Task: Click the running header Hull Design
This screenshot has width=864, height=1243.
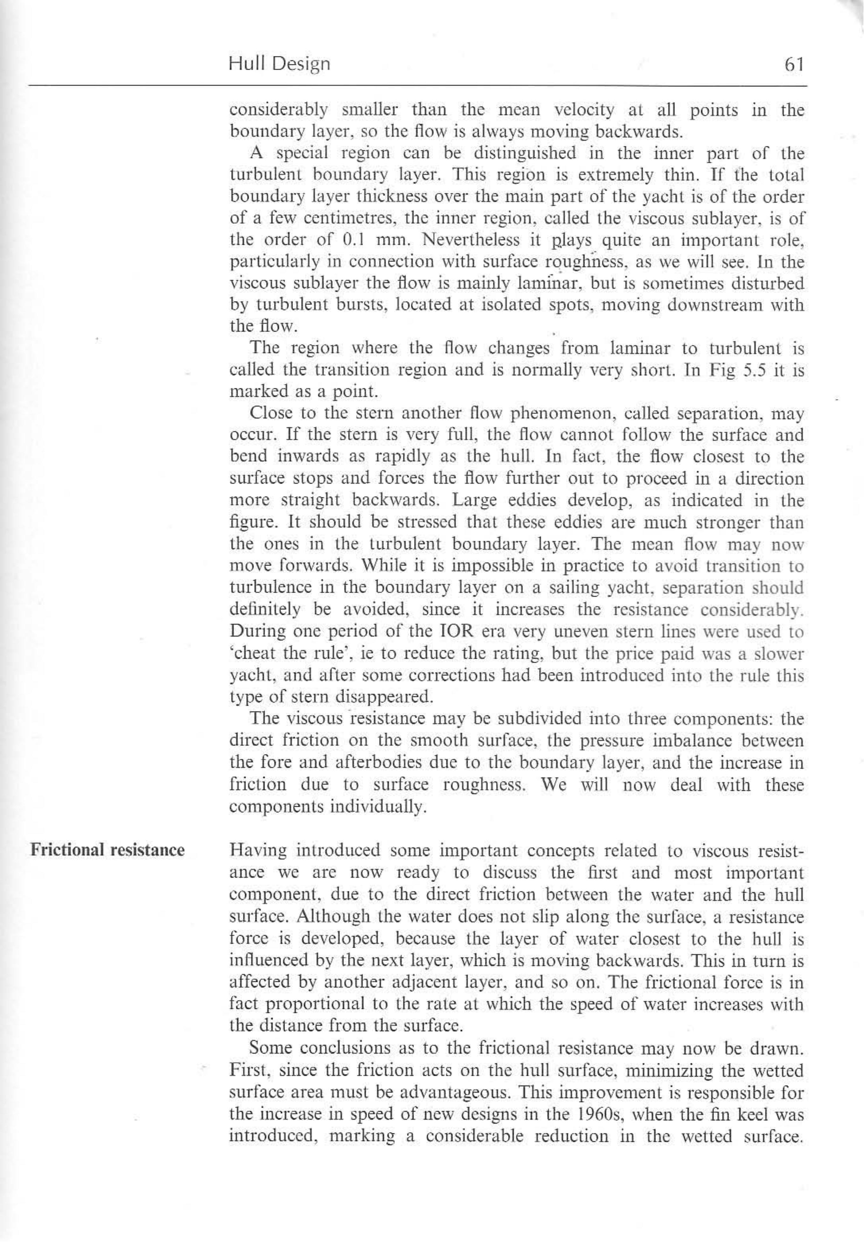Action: click(279, 64)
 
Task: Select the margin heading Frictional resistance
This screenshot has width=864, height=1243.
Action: click(107, 850)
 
